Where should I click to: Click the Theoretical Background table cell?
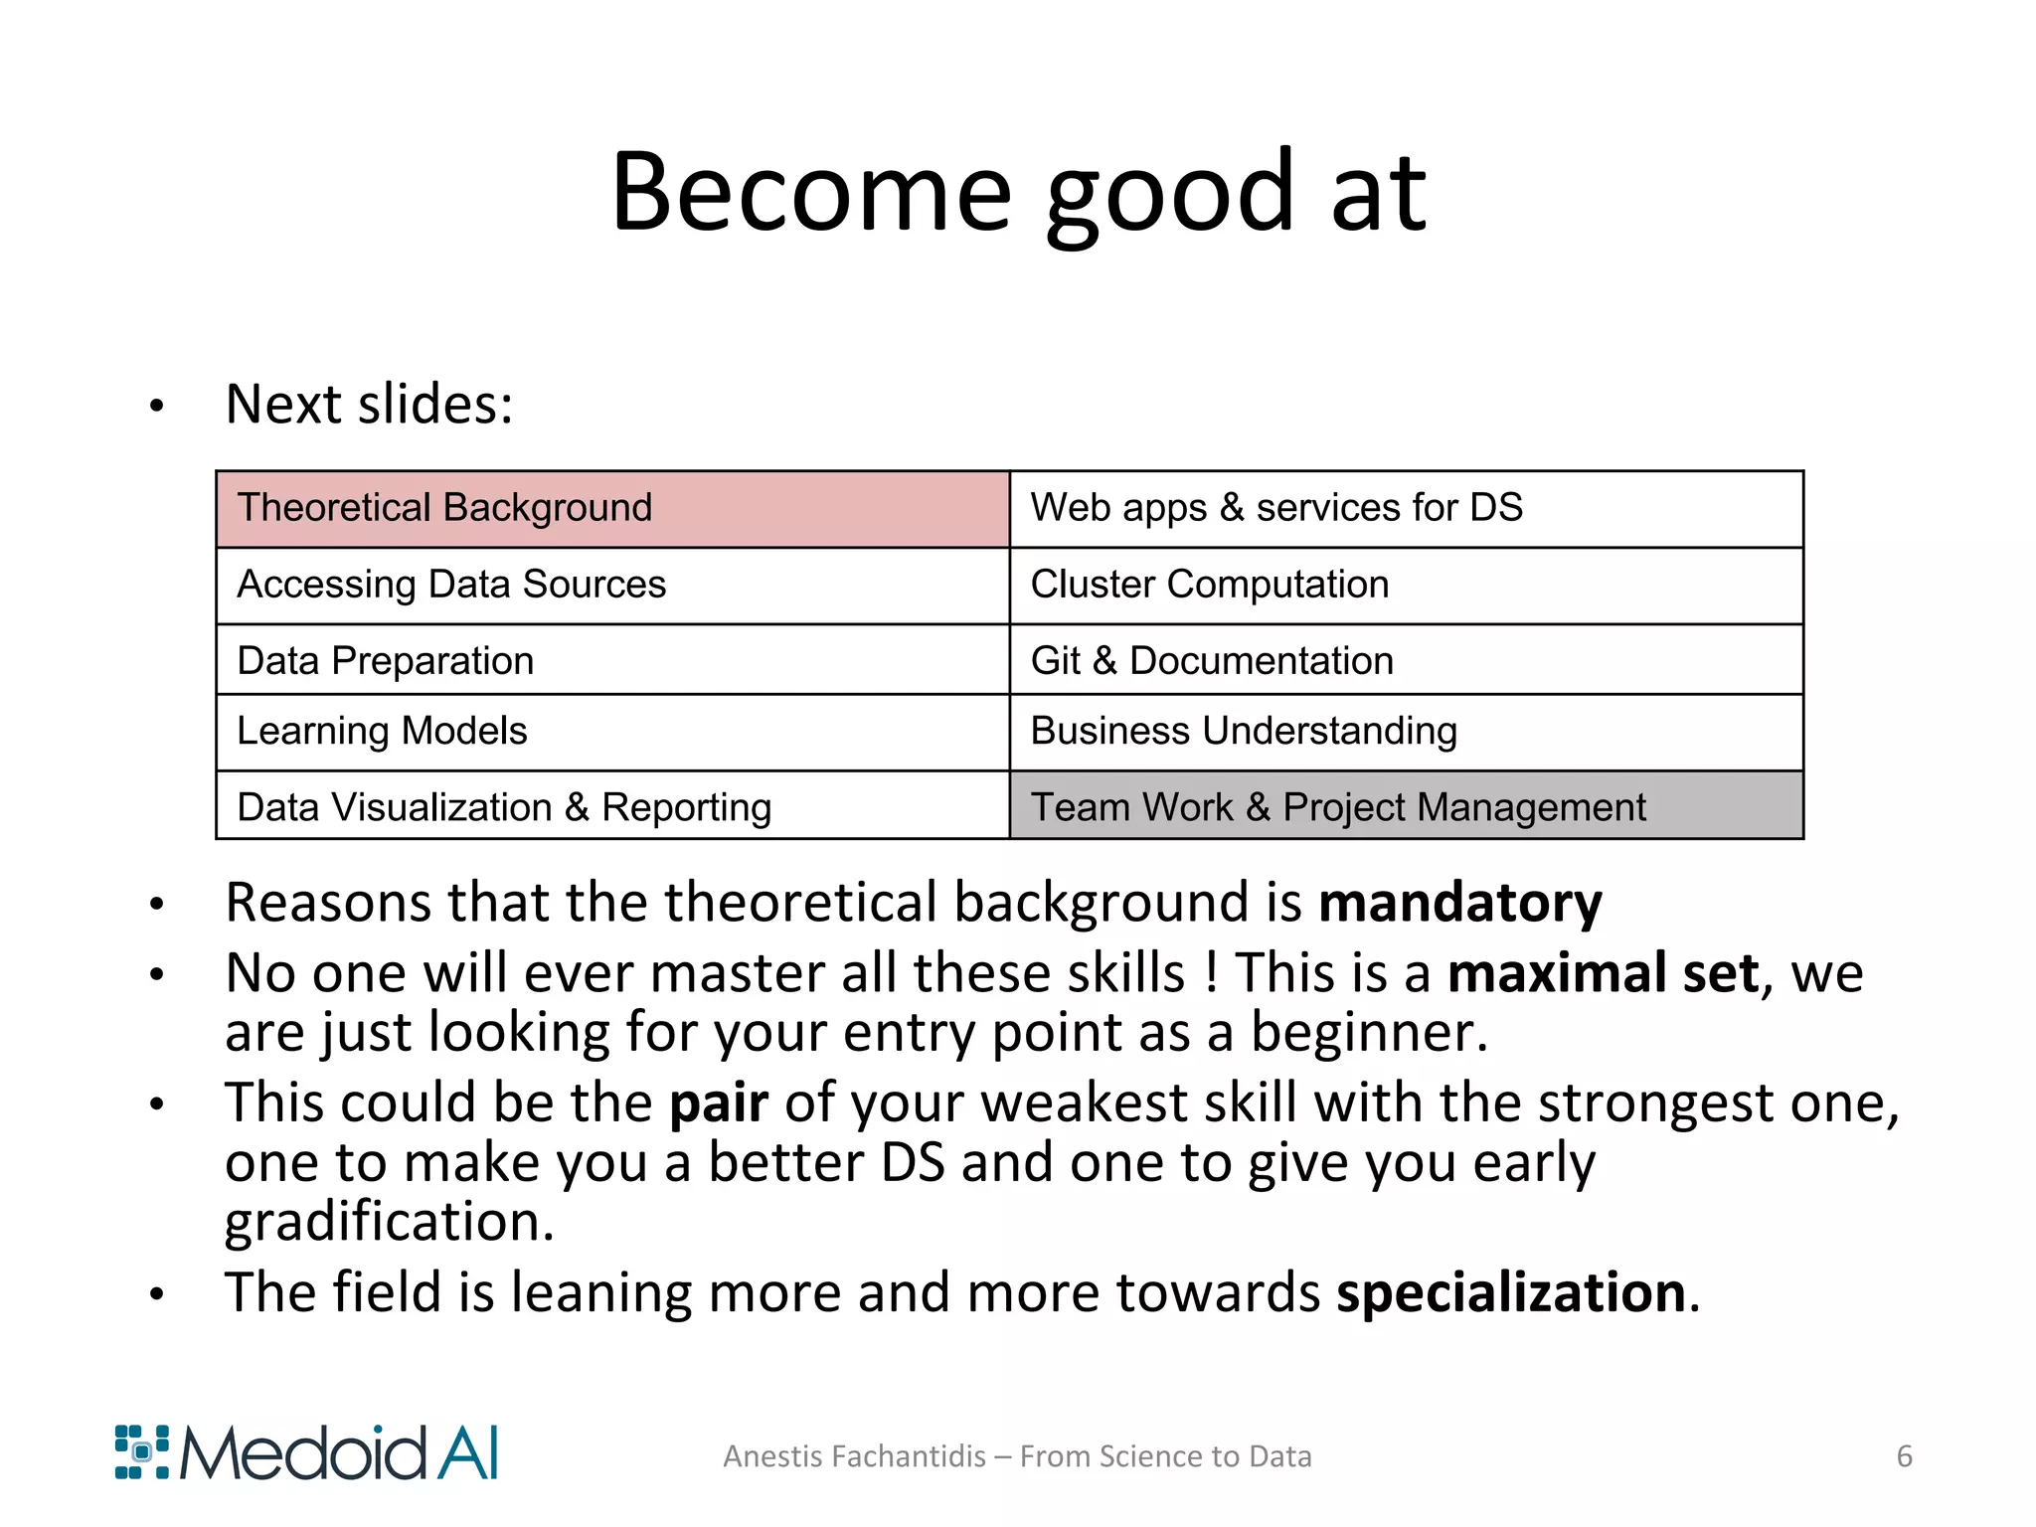pos(612,509)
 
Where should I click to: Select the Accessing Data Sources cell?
pos(612,586)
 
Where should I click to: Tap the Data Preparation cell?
pos(612,660)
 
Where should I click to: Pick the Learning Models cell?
pos(612,732)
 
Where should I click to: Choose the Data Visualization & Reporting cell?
pos(612,806)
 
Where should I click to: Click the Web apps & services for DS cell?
pos(1406,509)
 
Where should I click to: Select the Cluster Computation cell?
pos(1406,586)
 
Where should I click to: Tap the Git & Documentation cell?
pos(1406,660)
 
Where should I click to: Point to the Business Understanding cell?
pos(1406,732)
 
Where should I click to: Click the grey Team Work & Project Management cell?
pos(1406,806)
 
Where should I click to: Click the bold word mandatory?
pos(1459,904)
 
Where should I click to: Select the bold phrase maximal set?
pos(1603,973)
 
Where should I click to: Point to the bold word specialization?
pos(1511,1293)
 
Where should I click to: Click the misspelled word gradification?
pos(388,1223)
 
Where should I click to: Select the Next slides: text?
pos(369,405)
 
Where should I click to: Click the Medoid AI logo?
pos(306,1453)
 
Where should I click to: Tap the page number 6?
pos(1904,1456)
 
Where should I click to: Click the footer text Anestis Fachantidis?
pos(855,1456)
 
